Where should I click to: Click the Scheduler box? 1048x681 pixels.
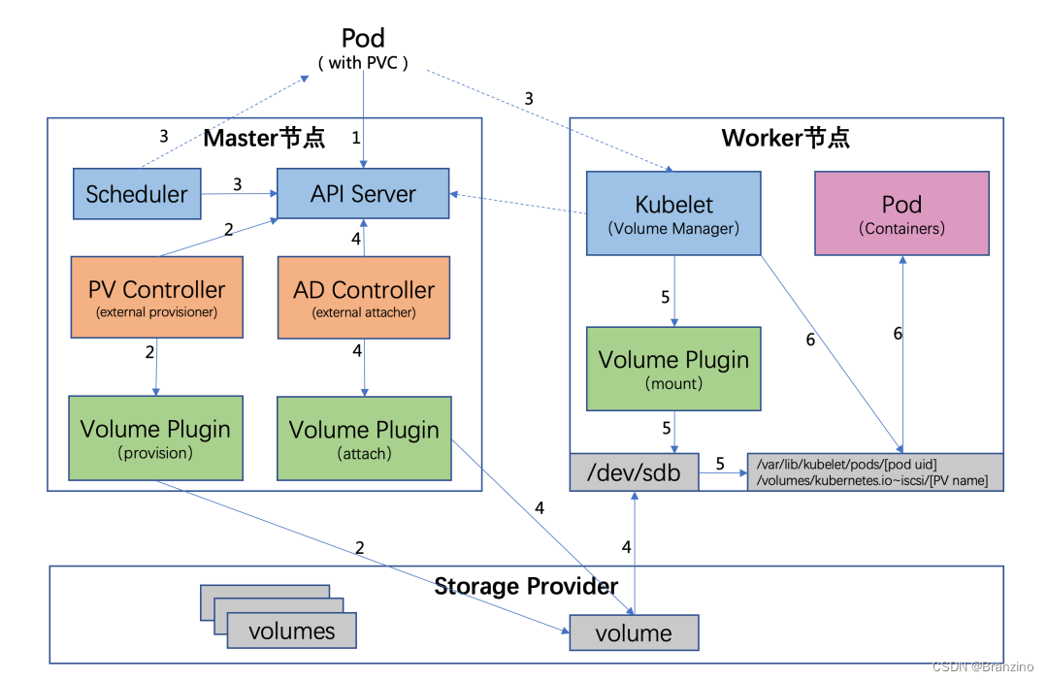pyautogui.click(x=137, y=193)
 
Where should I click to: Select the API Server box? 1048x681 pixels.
pyautogui.click(x=363, y=193)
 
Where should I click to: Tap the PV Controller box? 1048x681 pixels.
pyautogui.click(x=156, y=297)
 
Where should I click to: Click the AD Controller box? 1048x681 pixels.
pyautogui.click(x=364, y=297)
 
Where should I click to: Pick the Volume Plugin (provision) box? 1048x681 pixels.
pyautogui.click(x=155, y=438)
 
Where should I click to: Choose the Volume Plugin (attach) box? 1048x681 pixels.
pyautogui.click(x=364, y=438)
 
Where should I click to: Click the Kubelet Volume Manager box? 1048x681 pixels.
pyautogui.click(x=673, y=213)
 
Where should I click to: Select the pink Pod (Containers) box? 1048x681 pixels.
pyautogui.click(x=901, y=213)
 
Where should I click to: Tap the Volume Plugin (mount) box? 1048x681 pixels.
pyautogui.click(x=673, y=369)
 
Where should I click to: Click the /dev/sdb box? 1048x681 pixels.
pyautogui.click(x=634, y=471)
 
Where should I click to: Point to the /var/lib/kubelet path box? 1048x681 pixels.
pyautogui.click(x=874, y=471)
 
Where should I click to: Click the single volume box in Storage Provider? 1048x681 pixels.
pyautogui.click(x=634, y=632)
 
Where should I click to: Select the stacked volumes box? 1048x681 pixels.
pyautogui.click(x=291, y=631)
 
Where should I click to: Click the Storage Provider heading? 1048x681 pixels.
pyautogui.click(x=525, y=586)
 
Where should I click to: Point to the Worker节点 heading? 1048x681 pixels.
pyautogui.click(x=785, y=138)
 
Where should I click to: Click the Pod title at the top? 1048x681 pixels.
pyautogui.click(x=363, y=39)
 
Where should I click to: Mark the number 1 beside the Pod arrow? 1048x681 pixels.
pyautogui.click(x=355, y=138)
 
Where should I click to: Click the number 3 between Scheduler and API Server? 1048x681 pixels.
pyautogui.click(x=237, y=183)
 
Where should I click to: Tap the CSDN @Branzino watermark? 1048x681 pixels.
pyautogui.click(x=982, y=666)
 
